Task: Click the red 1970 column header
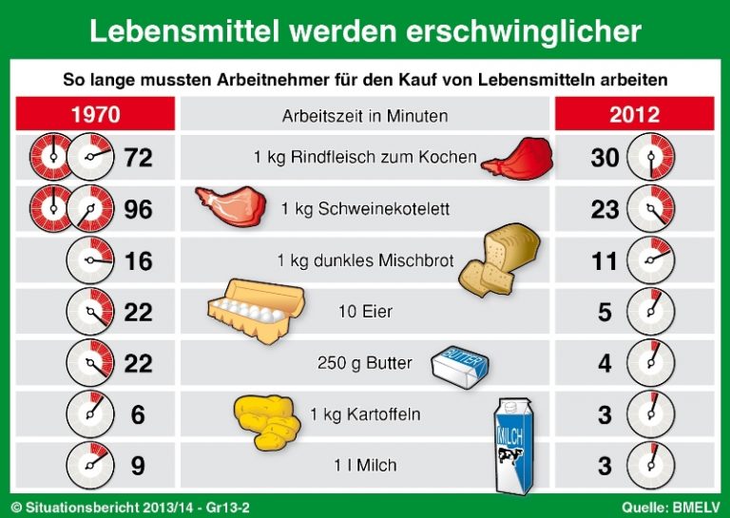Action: pyautogui.click(x=95, y=115)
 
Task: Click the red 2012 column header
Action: pyautogui.click(x=634, y=115)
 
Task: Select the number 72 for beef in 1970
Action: pyautogui.click(x=138, y=158)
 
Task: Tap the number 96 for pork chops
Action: pyautogui.click(x=138, y=209)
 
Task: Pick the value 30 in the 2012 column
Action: pyautogui.click(x=605, y=158)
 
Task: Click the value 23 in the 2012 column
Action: pyautogui.click(x=605, y=209)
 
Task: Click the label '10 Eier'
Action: pyautogui.click(x=365, y=312)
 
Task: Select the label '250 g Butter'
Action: pyautogui.click(x=365, y=363)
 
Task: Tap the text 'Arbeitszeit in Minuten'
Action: pyautogui.click(x=365, y=116)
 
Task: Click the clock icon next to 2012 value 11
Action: pyautogui.click(x=651, y=260)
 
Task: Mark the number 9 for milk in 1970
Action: pyautogui.click(x=138, y=466)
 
